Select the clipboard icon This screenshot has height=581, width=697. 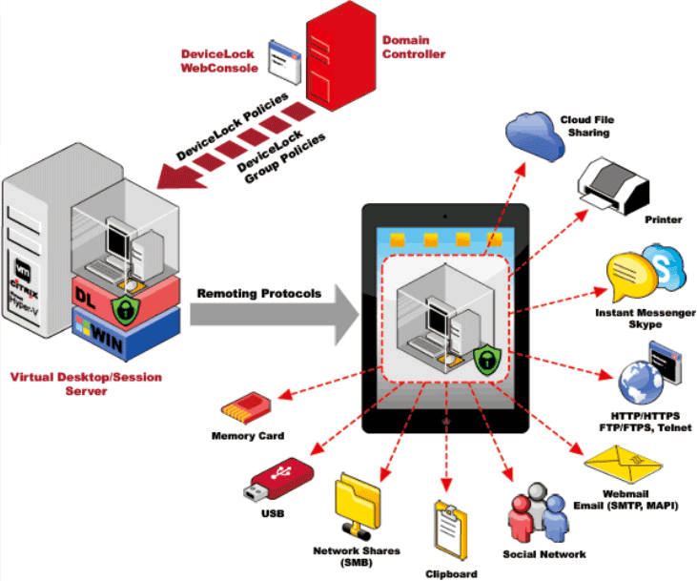(x=452, y=530)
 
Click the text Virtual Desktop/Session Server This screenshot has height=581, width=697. (x=86, y=384)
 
